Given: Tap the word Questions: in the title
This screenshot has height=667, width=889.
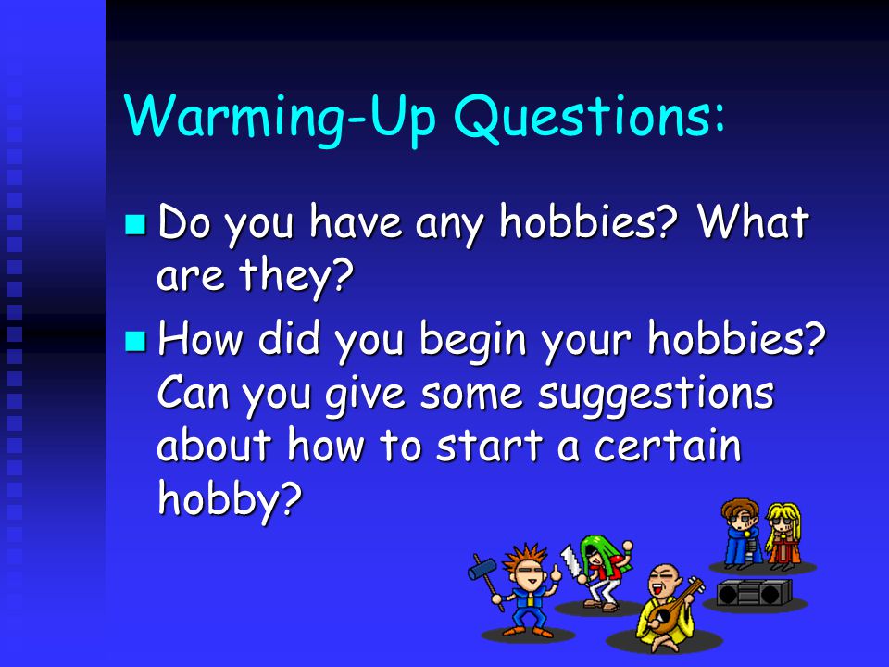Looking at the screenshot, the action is coord(589,117).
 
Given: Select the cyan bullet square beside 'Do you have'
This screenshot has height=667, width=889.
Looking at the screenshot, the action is coord(135,224).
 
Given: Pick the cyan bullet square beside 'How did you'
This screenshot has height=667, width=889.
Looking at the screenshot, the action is coord(135,341).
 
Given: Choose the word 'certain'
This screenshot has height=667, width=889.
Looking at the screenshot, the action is coord(668,446).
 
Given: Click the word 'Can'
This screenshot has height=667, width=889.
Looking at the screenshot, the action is coord(194,392).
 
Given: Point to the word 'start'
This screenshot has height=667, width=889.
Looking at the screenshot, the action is coord(490,447).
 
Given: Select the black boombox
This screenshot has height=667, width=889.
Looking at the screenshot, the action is coord(754,593).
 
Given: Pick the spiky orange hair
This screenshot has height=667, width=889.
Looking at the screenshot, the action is coord(525,558).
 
